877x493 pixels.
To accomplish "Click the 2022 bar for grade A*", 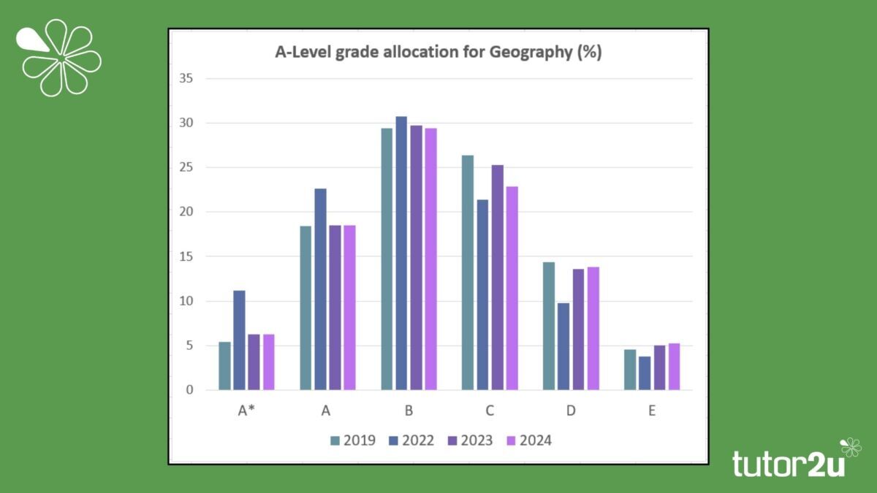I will click(x=239, y=340).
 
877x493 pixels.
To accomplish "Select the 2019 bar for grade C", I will click(x=468, y=272).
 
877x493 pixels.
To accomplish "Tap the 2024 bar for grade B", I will click(x=430, y=259).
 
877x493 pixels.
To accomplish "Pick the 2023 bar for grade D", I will click(x=578, y=329).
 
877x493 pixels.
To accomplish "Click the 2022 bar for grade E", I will click(x=645, y=373).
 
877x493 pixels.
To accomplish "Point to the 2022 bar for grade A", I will click(x=320, y=289).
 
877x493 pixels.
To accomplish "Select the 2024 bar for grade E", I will click(x=674, y=367).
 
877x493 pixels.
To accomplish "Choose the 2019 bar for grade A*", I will click(x=224, y=366).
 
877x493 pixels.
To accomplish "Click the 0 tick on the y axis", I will click(x=190, y=390).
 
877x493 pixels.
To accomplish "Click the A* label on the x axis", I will click(x=246, y=411).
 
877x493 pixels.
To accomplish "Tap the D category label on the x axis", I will click(x=570, y=411).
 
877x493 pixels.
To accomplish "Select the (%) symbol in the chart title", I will click(x=589, y=53).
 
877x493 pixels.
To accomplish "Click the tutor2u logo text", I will click(x=788, y=463).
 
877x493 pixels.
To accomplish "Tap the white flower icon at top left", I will click(x=60, y=57).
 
